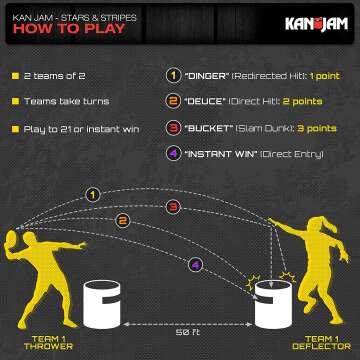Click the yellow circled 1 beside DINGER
tap(172, 76)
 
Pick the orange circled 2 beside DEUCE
tap(172, 102)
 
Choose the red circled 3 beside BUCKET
tap(172, 129)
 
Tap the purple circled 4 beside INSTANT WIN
tap(172, 155)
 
